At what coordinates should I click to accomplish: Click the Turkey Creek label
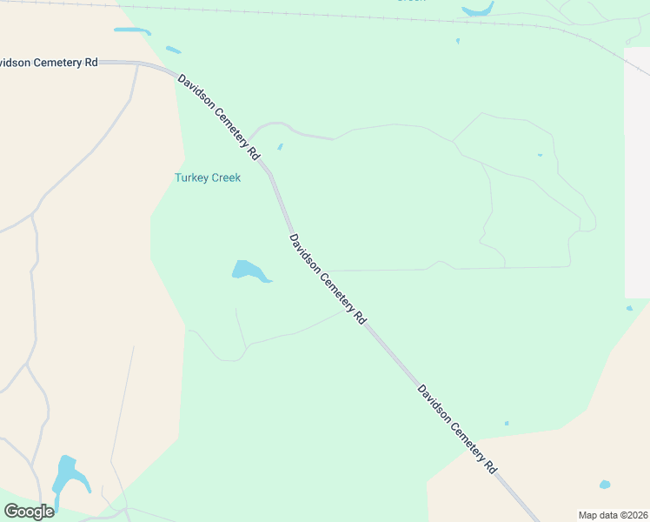pos(207,177)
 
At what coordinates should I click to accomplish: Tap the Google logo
pos(29,511)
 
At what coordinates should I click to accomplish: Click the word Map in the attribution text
pos(589,514)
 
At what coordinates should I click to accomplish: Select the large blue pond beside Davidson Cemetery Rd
pos(249,271)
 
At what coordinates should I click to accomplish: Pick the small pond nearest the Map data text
pos(605,485)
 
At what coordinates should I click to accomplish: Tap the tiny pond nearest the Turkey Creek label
pos(280,146)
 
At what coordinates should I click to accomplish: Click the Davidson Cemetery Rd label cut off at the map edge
pos(48,63)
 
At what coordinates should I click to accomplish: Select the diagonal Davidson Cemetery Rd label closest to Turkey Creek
pos(218,117)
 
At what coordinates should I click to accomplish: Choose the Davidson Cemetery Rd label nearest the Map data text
pos(457,428)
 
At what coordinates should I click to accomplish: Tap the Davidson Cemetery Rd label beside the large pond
pos(328,278)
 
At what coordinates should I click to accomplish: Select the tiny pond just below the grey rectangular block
pos(629,308)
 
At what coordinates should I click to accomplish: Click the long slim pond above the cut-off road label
pos(132,31)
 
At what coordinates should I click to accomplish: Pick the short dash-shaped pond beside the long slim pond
pos(173,50)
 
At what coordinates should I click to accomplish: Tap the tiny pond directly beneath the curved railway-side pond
pos(457,41)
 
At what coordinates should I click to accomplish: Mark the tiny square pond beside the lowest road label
pos(507,424)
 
